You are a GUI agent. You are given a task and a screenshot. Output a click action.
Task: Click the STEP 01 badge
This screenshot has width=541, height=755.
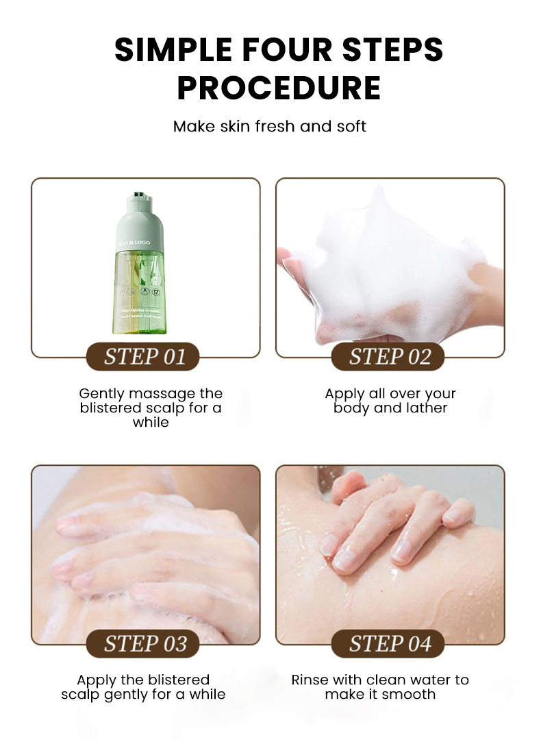pyautogui.click(x=144, y=357)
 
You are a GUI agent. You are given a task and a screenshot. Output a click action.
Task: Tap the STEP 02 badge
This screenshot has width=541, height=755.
pyautogui.click(x=389, y=357)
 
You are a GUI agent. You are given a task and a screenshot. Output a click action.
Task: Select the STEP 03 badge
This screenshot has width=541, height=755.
pyautogui.click(x=144, y=643)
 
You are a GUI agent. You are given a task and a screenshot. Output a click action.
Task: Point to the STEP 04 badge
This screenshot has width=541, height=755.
pyautogui.click(x=389, y=643)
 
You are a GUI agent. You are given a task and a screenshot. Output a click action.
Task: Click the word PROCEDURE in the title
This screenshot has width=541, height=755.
pyautogui.click(x=279, y=88)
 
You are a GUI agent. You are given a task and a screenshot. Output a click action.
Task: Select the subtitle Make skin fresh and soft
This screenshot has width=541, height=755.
pyautogui.click(x=270, y=127)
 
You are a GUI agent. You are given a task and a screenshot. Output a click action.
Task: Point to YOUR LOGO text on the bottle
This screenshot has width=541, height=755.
pyautogui.click(x=134, y=243)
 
